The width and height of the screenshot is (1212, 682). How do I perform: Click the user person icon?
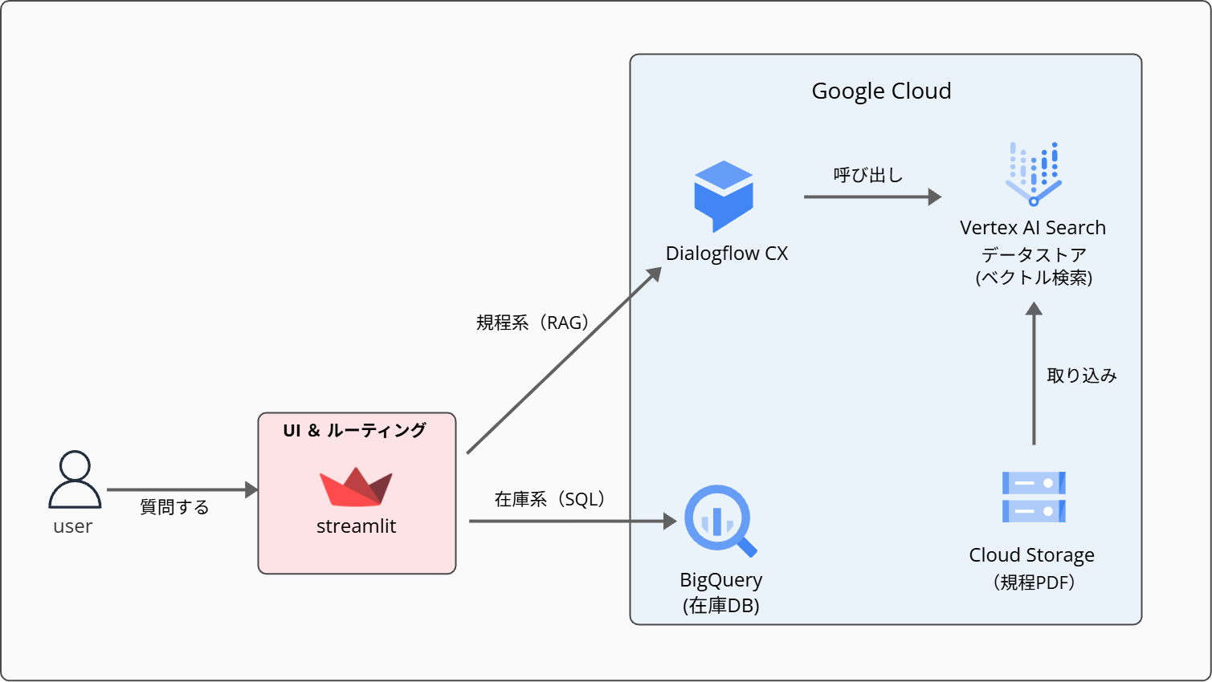click(75, 479)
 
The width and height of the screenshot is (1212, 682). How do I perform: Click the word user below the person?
click(73, 527)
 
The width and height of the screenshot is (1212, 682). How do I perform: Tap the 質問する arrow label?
click(174, 507)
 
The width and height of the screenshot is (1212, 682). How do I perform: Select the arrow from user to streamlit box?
click(182, 489)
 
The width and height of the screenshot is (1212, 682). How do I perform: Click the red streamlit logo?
click(356, 487)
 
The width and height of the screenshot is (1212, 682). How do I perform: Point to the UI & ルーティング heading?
click(355, 431)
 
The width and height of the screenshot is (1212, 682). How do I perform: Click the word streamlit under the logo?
click(356, 526)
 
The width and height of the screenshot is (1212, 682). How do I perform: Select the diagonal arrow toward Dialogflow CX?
click(562, 361)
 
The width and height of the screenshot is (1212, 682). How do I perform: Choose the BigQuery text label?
click(721, 580)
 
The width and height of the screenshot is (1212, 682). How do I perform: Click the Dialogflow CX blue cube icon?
click(724, 196)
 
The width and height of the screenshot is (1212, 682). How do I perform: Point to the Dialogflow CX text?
click(727, 254)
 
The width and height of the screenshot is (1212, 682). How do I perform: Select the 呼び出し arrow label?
click(868, 175)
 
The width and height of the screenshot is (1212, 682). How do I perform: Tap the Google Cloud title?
click(881, 91)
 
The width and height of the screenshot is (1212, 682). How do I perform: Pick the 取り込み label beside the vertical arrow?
click(1081, 376)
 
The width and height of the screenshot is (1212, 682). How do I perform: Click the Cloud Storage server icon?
click(1034, 497)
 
